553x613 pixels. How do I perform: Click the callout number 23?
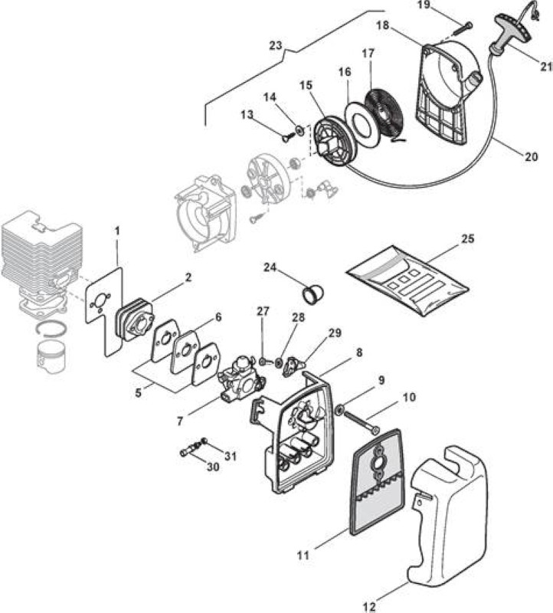click(x=276, y=45)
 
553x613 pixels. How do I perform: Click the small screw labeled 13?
click(x=287, y=137)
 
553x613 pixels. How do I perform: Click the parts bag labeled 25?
click(x=407, y=280)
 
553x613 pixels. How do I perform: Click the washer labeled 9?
click(x=339, y=409)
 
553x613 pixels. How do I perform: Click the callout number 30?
click(x=213, y=467)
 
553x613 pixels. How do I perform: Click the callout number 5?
click(x=139, y=392)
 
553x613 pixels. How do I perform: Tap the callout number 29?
click(x=335, y=333)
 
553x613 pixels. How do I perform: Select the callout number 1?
click(x=117, y=231)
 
